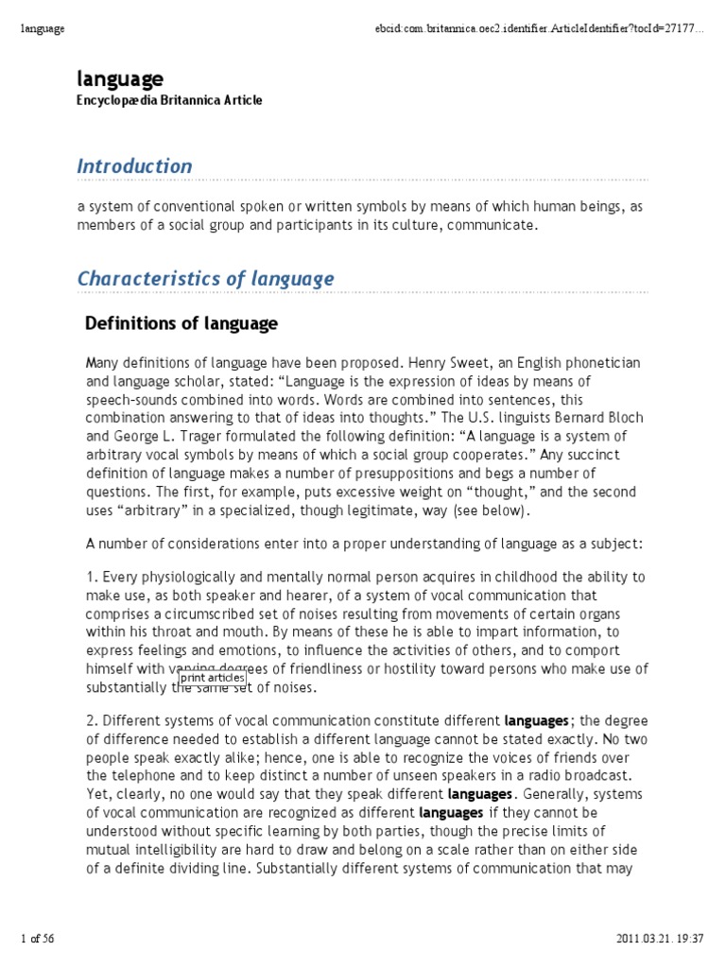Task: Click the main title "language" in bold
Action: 120,78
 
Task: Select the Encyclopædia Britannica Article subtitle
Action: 169,100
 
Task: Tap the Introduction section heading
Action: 134,166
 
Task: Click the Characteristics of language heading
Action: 205,279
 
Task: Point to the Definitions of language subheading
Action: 181,324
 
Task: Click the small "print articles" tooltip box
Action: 213,677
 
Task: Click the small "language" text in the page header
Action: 43,29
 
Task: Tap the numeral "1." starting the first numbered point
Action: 92,577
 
